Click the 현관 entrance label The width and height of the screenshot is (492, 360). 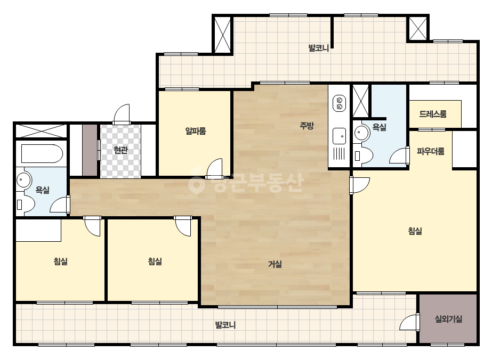[x=121, y=150]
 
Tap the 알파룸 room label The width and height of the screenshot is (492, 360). [x=196, y=131]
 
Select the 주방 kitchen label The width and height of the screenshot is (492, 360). [x=307, y=126]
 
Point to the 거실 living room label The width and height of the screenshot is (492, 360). [x=275, y=264]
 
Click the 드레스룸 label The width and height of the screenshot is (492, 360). [x=433, y=114]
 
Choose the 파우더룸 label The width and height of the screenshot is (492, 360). [x=431, y=151]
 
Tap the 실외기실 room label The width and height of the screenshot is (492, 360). [x=448, y=319]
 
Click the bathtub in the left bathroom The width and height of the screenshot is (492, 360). [x=42, y=154]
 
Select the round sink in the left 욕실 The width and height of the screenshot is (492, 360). [x=23, y=181]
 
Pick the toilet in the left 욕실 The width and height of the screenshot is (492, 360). [x=25, y=205]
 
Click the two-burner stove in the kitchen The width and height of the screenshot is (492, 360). [x=339, y=104]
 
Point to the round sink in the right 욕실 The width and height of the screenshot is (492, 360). [x=362, y=133]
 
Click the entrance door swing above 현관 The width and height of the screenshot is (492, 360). [x=122, y=114]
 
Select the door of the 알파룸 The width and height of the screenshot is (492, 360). [x=214, y=168]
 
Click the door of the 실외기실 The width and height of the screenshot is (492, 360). [x=410, y=322]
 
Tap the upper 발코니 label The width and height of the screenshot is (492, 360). [x=318, y=48]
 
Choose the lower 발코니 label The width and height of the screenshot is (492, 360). [x=225, y=325]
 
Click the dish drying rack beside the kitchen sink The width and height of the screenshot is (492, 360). [x=339, y=154]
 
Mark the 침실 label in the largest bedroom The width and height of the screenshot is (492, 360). [x=415, y=231]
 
